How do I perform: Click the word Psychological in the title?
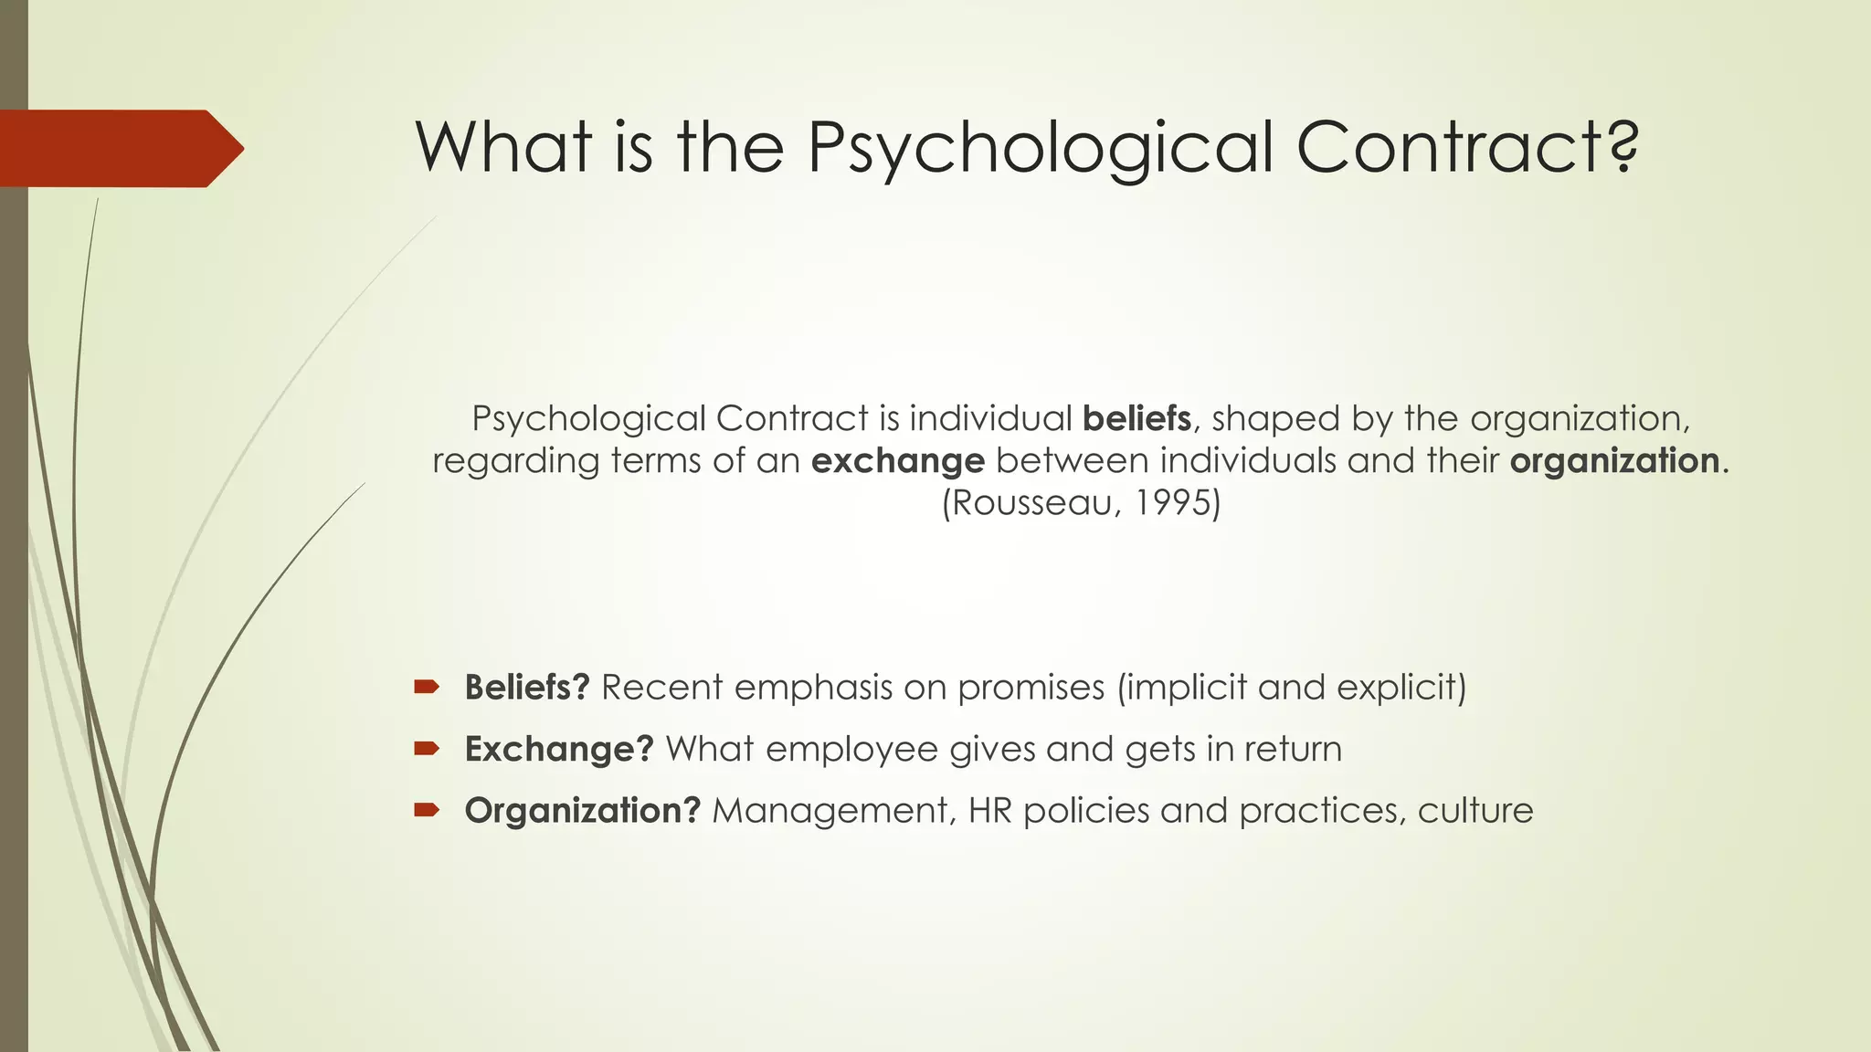tap(1041, 148)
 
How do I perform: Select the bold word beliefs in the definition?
tap(1136, 418)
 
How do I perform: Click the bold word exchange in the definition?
tap(897, 460)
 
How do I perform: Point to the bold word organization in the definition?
tap(1614, 460)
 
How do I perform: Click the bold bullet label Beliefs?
tap(527, 687)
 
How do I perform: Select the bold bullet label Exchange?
tap(559, 749)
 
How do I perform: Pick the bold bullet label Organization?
tap(582, 810)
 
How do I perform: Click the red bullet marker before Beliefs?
tap(426, 687)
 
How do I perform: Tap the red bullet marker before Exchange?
tap(426, 749)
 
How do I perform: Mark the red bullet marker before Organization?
tap(426, 810)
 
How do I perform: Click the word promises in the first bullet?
tap(1031, 688)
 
